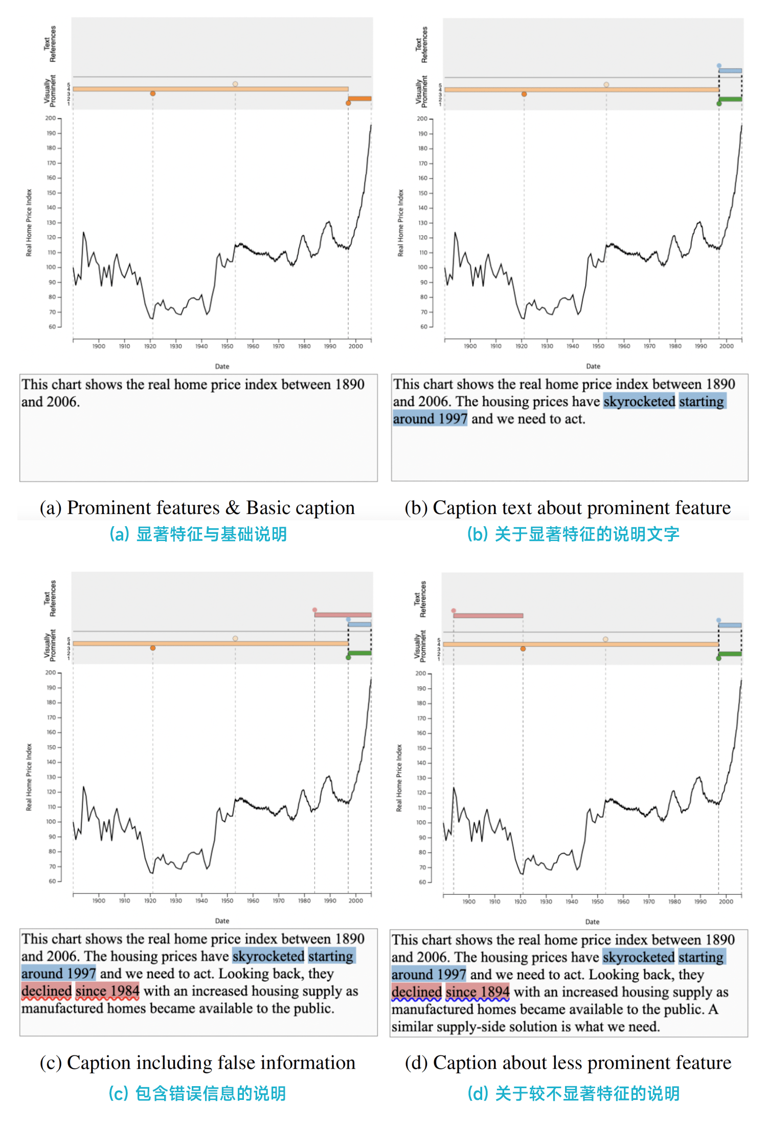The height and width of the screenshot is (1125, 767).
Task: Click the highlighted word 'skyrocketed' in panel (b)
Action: pos(639,401)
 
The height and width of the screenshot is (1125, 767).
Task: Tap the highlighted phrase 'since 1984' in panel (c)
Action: pos(107,991)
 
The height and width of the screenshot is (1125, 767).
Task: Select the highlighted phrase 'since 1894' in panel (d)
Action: pos(477,992)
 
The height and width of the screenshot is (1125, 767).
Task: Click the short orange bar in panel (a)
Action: pos(360,98)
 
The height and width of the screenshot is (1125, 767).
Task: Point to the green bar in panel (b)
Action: pos(730,99)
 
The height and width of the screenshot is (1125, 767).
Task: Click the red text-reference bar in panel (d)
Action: pos(488,616)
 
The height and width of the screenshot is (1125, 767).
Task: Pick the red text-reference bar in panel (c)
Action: pos(343,615)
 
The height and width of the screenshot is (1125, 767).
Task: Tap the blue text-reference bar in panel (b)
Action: pos(730,71)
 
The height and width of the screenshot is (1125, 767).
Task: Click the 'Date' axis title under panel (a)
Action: pos(222,366)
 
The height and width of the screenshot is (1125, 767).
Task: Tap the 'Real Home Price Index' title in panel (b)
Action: pos(400,223)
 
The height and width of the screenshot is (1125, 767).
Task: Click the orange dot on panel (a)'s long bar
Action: pos(152,94)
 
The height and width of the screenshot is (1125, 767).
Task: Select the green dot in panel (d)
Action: pos(718,658)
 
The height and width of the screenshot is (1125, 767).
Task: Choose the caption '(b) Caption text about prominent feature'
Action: pos(568,508)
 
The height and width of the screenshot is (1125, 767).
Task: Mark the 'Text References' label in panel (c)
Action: pos(50,598)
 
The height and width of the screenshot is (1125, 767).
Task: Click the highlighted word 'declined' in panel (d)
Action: pos(416,992)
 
